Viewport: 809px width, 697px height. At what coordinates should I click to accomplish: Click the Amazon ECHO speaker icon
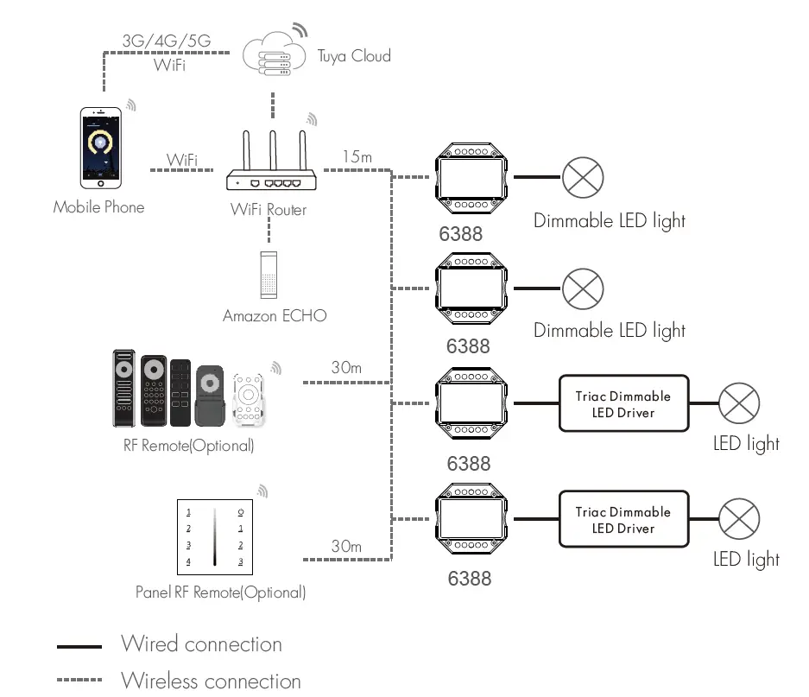point(269,274)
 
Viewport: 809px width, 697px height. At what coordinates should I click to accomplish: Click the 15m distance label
point(357,156)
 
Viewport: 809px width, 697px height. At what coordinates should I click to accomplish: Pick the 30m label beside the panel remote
point(346,546)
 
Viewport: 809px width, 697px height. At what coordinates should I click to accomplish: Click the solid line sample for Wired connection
point(79,645)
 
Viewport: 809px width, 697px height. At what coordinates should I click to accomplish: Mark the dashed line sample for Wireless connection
point(79,681)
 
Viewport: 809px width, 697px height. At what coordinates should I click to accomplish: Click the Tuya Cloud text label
point(354,56)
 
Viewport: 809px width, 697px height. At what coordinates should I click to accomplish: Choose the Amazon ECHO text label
point(275,316)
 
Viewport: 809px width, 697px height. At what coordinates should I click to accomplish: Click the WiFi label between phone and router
point(182,160)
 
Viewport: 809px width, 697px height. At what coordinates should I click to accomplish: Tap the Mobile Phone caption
point(98,207)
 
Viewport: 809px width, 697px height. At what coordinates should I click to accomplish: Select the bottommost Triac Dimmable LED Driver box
point(623,519)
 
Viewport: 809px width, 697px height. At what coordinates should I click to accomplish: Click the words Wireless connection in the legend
point(211,681)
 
